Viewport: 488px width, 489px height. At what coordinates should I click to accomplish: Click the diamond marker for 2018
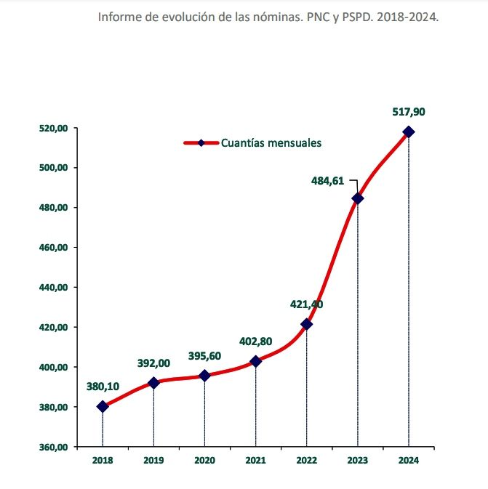(x=103, y=407)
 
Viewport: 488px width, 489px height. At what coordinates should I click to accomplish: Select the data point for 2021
(x=255, y=361)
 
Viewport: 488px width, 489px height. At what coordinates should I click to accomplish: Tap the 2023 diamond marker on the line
(x=357, y=198)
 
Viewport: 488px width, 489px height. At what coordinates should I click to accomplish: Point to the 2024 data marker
(x=408, y=132)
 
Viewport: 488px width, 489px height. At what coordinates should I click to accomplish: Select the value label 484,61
(x=328, y=180)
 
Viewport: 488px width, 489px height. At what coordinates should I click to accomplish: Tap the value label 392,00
(x=153, y=363)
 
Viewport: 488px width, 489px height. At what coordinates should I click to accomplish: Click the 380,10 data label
(x=103, y=387)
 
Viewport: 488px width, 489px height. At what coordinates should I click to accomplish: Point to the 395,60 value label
(x=204, y=356)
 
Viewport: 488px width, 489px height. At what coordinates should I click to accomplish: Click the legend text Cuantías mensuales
(x=271, y=143)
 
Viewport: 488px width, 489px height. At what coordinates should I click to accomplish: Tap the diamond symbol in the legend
(x=201, y=143)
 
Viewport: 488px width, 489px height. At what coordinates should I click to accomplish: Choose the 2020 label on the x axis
(x=204, y=461)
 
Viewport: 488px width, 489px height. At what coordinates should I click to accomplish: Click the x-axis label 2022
(x=306, y=461)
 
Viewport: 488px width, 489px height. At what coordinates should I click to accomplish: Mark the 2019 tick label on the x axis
(x=153, y=461)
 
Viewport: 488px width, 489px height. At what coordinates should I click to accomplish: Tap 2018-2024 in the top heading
(x=407, y=17)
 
